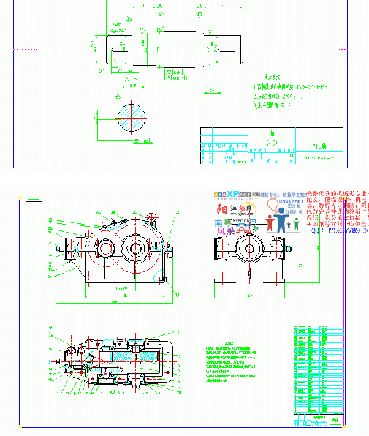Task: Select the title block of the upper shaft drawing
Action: pos(272,146)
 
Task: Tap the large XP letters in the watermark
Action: pos(233,195)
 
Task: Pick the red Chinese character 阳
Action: pos(221,208)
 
